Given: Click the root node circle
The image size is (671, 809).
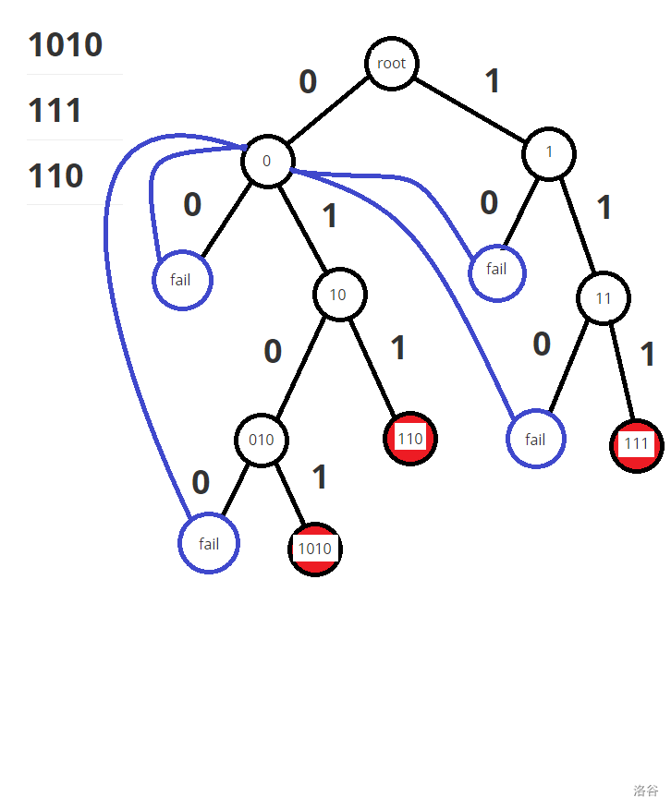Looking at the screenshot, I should click(392, 64).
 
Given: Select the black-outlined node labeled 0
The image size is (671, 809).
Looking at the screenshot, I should click(267, 161).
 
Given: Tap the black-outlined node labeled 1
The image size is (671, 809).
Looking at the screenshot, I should click(549, 152).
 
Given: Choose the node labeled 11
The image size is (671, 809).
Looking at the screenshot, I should click(604, 298).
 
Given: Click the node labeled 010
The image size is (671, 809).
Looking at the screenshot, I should click(262, 440).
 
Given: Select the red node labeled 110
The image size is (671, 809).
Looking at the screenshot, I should click(409, 438).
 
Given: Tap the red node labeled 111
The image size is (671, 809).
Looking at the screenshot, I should click(636, 444).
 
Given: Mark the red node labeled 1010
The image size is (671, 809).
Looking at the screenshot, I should click(314, 549).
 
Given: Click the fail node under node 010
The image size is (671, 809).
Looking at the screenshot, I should click(209, 544).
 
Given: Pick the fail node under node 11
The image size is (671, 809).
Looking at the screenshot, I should click(535, 440).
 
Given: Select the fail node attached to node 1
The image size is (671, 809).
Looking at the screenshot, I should click(497, 271).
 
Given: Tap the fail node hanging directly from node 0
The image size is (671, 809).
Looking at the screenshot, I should click(182, 280).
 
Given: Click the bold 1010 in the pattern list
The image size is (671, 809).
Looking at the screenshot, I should click(66, 44).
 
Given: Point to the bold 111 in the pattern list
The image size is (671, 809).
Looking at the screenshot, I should click(55, 111).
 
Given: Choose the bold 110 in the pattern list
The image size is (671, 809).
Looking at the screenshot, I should click(55, 175).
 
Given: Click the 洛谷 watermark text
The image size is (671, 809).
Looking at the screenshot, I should click(646, 791).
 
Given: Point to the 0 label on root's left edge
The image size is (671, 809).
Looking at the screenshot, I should click(308, 82).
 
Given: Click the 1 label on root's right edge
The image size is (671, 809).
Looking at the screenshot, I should click(493, 81).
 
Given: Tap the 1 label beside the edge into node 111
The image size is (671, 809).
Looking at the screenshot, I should click(648, 355).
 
